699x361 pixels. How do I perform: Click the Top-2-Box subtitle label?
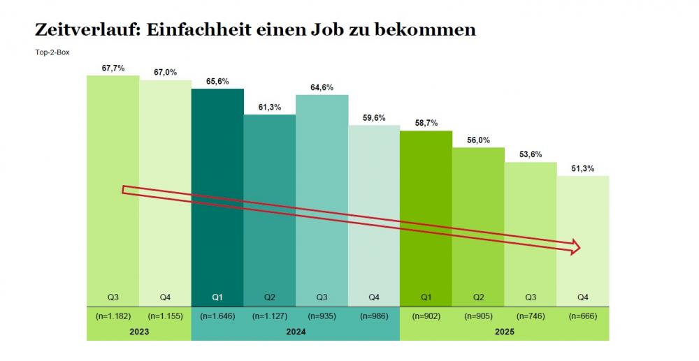52,52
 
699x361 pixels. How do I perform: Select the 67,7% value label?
113,68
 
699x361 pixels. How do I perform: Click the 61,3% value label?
269,108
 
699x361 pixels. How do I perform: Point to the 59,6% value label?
374,118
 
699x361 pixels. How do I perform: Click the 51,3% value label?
582,168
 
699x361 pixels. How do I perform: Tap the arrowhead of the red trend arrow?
575,246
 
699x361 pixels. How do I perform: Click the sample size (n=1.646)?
217,316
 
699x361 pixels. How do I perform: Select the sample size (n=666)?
582,316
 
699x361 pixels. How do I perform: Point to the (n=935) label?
322,316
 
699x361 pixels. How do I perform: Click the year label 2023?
138,332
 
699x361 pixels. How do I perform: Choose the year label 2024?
296,332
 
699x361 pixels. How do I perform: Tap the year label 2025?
504,332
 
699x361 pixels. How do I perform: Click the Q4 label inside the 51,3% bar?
582,297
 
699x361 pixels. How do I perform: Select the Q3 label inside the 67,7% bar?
113,297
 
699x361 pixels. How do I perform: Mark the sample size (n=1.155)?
165,316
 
